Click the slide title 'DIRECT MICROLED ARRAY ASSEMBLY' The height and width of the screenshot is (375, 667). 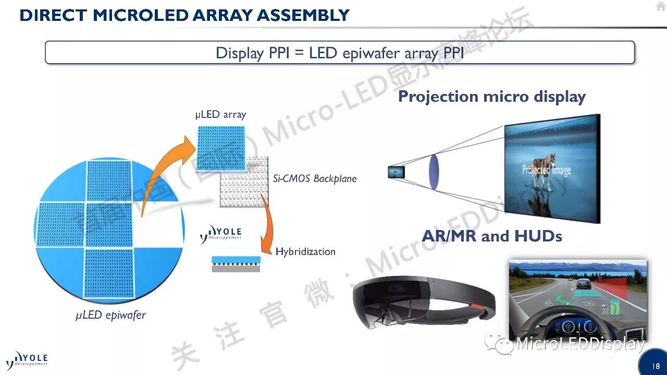pyautogui.click(x=184, y=15)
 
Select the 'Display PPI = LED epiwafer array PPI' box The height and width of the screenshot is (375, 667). pyautogui.click(x=340, y=53)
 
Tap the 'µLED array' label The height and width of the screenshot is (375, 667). pyautogui.click(x=220, y=115)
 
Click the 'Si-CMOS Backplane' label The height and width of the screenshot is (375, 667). pyautogui.click(x=315, y=179)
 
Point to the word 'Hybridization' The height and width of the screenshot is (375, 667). pyautogui.click(x=305, y=251)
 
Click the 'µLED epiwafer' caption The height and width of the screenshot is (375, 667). pyautogui.click(x=110, y=315)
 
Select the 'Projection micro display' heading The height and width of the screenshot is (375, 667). pyautogui.click(x=491, y=96)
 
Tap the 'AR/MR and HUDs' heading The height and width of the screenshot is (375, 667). pyautogui.click(x=491, y=236)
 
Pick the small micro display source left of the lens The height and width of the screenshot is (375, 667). pyautogui.click(x=396, y=171)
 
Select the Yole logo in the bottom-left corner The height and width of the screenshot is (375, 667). pyautogui.click(x=27, y=359)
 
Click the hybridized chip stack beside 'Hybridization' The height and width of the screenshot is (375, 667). pyautogui.click(x=236, y=263)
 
